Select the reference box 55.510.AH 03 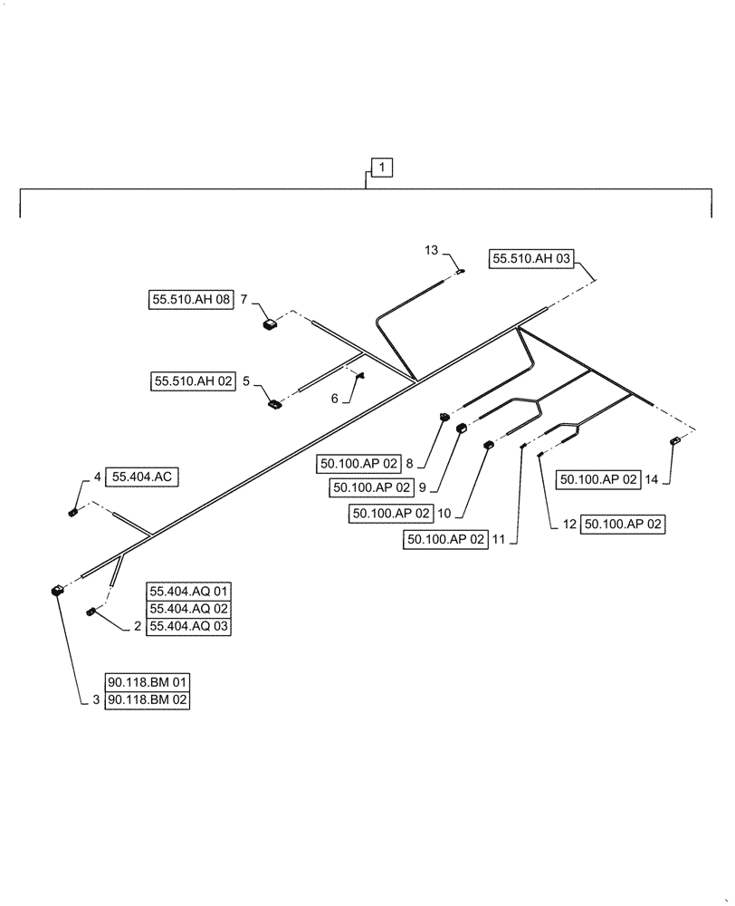tap(532, 259)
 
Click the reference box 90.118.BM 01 tap(148, 682)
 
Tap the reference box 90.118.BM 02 tap(148, 699)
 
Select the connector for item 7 tap(269, 323)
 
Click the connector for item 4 tap(72, 513)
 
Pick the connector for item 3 tap(57, 591)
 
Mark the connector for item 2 tap(91, 612)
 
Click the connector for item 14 tap(674, 441)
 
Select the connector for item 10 tap(489, 444)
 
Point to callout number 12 tap(569, 525)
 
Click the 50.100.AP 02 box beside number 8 tap(358, 463)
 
